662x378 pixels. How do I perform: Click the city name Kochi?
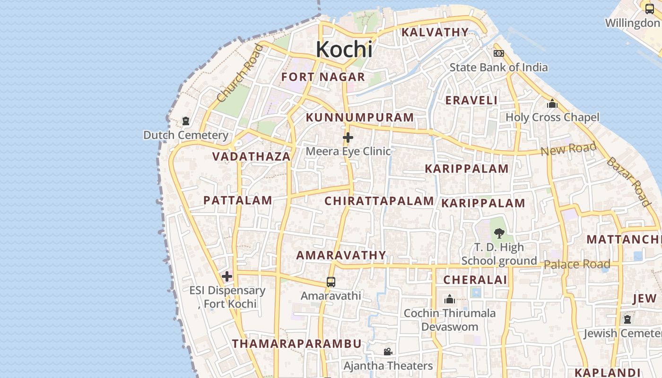(344, 49)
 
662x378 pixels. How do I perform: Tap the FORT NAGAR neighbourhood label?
(323, 77)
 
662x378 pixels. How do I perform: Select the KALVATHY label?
(435, 32)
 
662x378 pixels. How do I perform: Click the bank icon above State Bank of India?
(498, 53)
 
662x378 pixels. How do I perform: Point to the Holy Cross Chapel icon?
(552, 103)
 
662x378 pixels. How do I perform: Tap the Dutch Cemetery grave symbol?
(185, 121)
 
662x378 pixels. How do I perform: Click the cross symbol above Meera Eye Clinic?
(348, 137)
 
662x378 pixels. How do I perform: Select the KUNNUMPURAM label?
(359, 117)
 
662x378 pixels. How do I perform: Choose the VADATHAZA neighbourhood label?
(251, 156)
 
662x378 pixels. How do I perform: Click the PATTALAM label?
(237, 200)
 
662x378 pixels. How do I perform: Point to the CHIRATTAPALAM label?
(379, 201)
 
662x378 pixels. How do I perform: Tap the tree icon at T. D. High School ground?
(498, 233)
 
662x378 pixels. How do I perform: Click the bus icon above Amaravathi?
(331, 282)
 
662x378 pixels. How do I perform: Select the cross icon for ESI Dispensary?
(227, 276)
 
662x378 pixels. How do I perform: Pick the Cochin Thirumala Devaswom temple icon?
(450, 299)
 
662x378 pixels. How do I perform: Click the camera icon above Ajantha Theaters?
(388, 352)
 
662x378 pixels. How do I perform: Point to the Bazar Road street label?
(628, 181)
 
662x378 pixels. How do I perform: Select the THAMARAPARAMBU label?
(296, 344)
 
